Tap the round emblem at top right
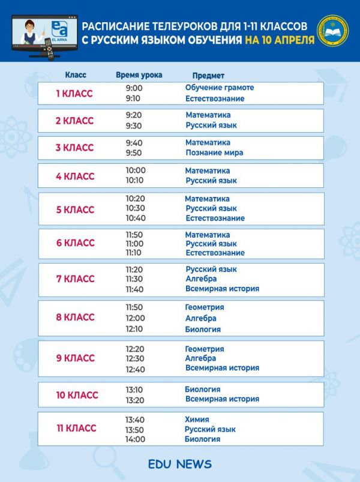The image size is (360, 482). click(332, 32)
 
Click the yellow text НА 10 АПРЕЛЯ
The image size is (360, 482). click(280, 40)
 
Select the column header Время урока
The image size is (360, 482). click(139, 75)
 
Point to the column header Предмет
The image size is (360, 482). click(208, 76)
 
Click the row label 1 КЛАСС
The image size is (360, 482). click(74, 93)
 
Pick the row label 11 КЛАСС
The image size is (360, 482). click(76, 428)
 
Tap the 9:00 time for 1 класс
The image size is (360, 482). click(134, 88)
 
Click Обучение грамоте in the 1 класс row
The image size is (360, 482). click(220, 88)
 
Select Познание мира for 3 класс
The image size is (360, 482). click(214, 152)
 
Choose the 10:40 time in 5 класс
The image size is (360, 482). click(135, 218)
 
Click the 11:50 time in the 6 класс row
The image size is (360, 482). click(135, 235)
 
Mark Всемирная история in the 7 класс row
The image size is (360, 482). click(222, 289)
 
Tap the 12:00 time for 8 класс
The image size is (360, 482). click(135, 318)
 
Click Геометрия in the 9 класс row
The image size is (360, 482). click(204, 349)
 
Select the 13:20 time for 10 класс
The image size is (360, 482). click(134, 399)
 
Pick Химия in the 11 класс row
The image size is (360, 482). click(197, 420)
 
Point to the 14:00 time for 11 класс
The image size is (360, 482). click(135, 439)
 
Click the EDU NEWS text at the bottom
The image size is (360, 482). click(180, 464)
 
